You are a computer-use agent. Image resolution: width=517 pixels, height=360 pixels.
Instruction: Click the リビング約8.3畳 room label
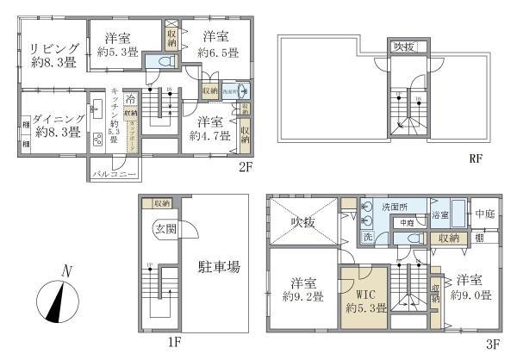click(x=53, y=54)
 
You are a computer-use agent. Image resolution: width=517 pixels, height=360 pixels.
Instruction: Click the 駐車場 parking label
click(x=221, y=267)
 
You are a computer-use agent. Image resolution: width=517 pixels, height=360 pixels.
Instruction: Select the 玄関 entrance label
click(x=165, y=229)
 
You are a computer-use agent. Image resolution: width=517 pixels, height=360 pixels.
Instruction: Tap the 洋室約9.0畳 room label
click(x=472, y=287)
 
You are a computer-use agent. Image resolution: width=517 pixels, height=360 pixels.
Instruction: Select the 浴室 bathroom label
click(x=439, y=214)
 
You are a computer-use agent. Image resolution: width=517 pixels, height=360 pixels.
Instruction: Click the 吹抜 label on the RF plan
click(x=402, y=47)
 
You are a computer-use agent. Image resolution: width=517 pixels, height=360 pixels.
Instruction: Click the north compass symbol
click(x=58, y=301)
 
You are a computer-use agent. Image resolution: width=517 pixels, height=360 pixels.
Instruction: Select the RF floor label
click(x=476, y=159)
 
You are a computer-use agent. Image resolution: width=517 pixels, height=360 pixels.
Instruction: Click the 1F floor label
click(x=174, y=343)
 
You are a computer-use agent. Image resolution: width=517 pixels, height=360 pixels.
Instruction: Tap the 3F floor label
click(x=493, y=343)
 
